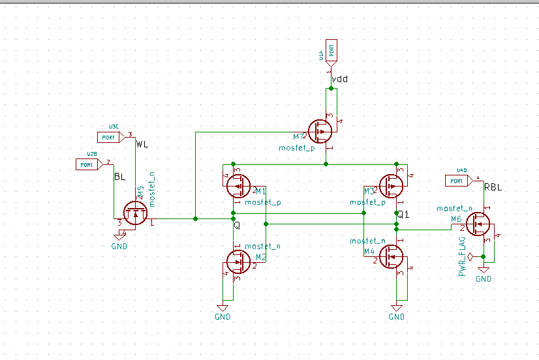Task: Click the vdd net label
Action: click(339, 80)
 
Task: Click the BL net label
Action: click(120, 177)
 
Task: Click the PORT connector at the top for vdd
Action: click(331, 50)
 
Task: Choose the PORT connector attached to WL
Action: click(109, 137)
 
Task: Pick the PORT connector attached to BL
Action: click(87, 164)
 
